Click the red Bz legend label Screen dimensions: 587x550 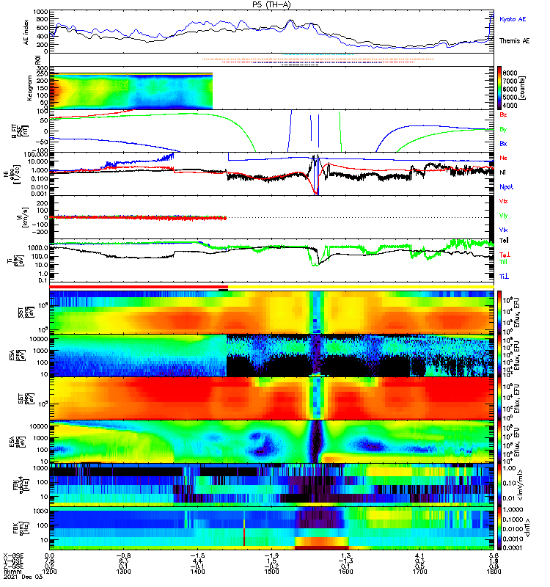503,115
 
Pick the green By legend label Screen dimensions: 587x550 503,129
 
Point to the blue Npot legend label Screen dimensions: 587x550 507,186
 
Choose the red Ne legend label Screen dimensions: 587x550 503,158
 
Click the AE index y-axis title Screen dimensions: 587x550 27,32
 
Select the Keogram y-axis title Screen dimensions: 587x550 27,88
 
